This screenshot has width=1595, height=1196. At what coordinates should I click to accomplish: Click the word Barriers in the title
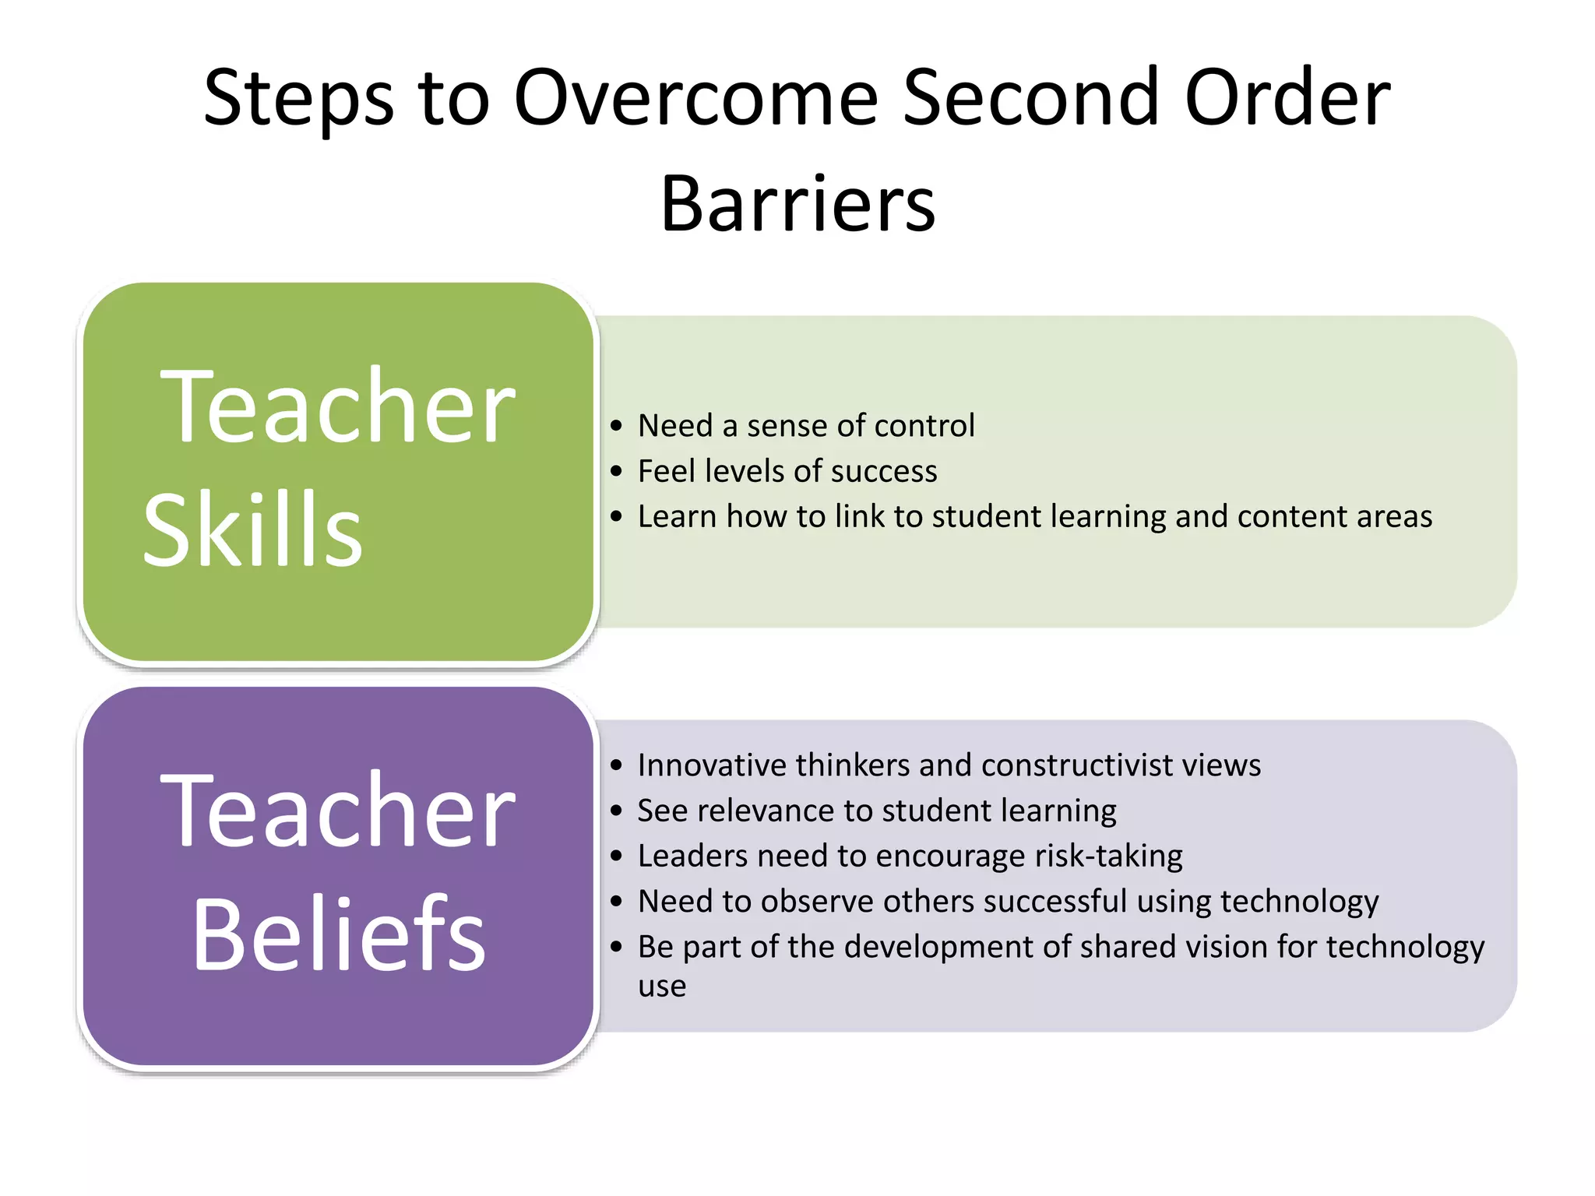[797, 204]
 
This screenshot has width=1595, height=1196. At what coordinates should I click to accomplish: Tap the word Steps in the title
[298, 99]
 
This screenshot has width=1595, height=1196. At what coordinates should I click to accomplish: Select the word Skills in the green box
[253, 531]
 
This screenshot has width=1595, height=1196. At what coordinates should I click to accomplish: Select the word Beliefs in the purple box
[339, 934]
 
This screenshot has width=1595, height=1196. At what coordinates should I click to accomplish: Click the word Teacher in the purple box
[337, 811]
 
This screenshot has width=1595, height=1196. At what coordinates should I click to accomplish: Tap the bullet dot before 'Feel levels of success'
[617, 471]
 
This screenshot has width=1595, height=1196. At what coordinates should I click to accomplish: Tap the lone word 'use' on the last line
[662, 987]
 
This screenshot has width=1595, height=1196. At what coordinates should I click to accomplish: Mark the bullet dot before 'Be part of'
[617, 947]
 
